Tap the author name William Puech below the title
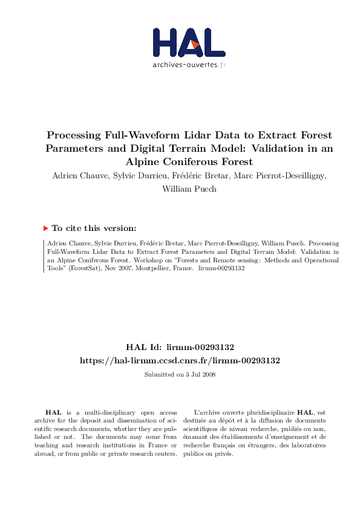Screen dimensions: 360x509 click(180, 188)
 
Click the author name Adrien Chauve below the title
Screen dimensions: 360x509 click(73, 175)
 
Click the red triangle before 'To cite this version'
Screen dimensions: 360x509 click(45, 229)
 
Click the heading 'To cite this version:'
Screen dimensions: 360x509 click(94, 229)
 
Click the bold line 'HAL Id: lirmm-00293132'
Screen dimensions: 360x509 click(180, 348)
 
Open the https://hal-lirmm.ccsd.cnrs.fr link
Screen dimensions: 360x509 click(180, 360)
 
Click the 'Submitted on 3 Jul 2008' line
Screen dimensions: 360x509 click(180, 374)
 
